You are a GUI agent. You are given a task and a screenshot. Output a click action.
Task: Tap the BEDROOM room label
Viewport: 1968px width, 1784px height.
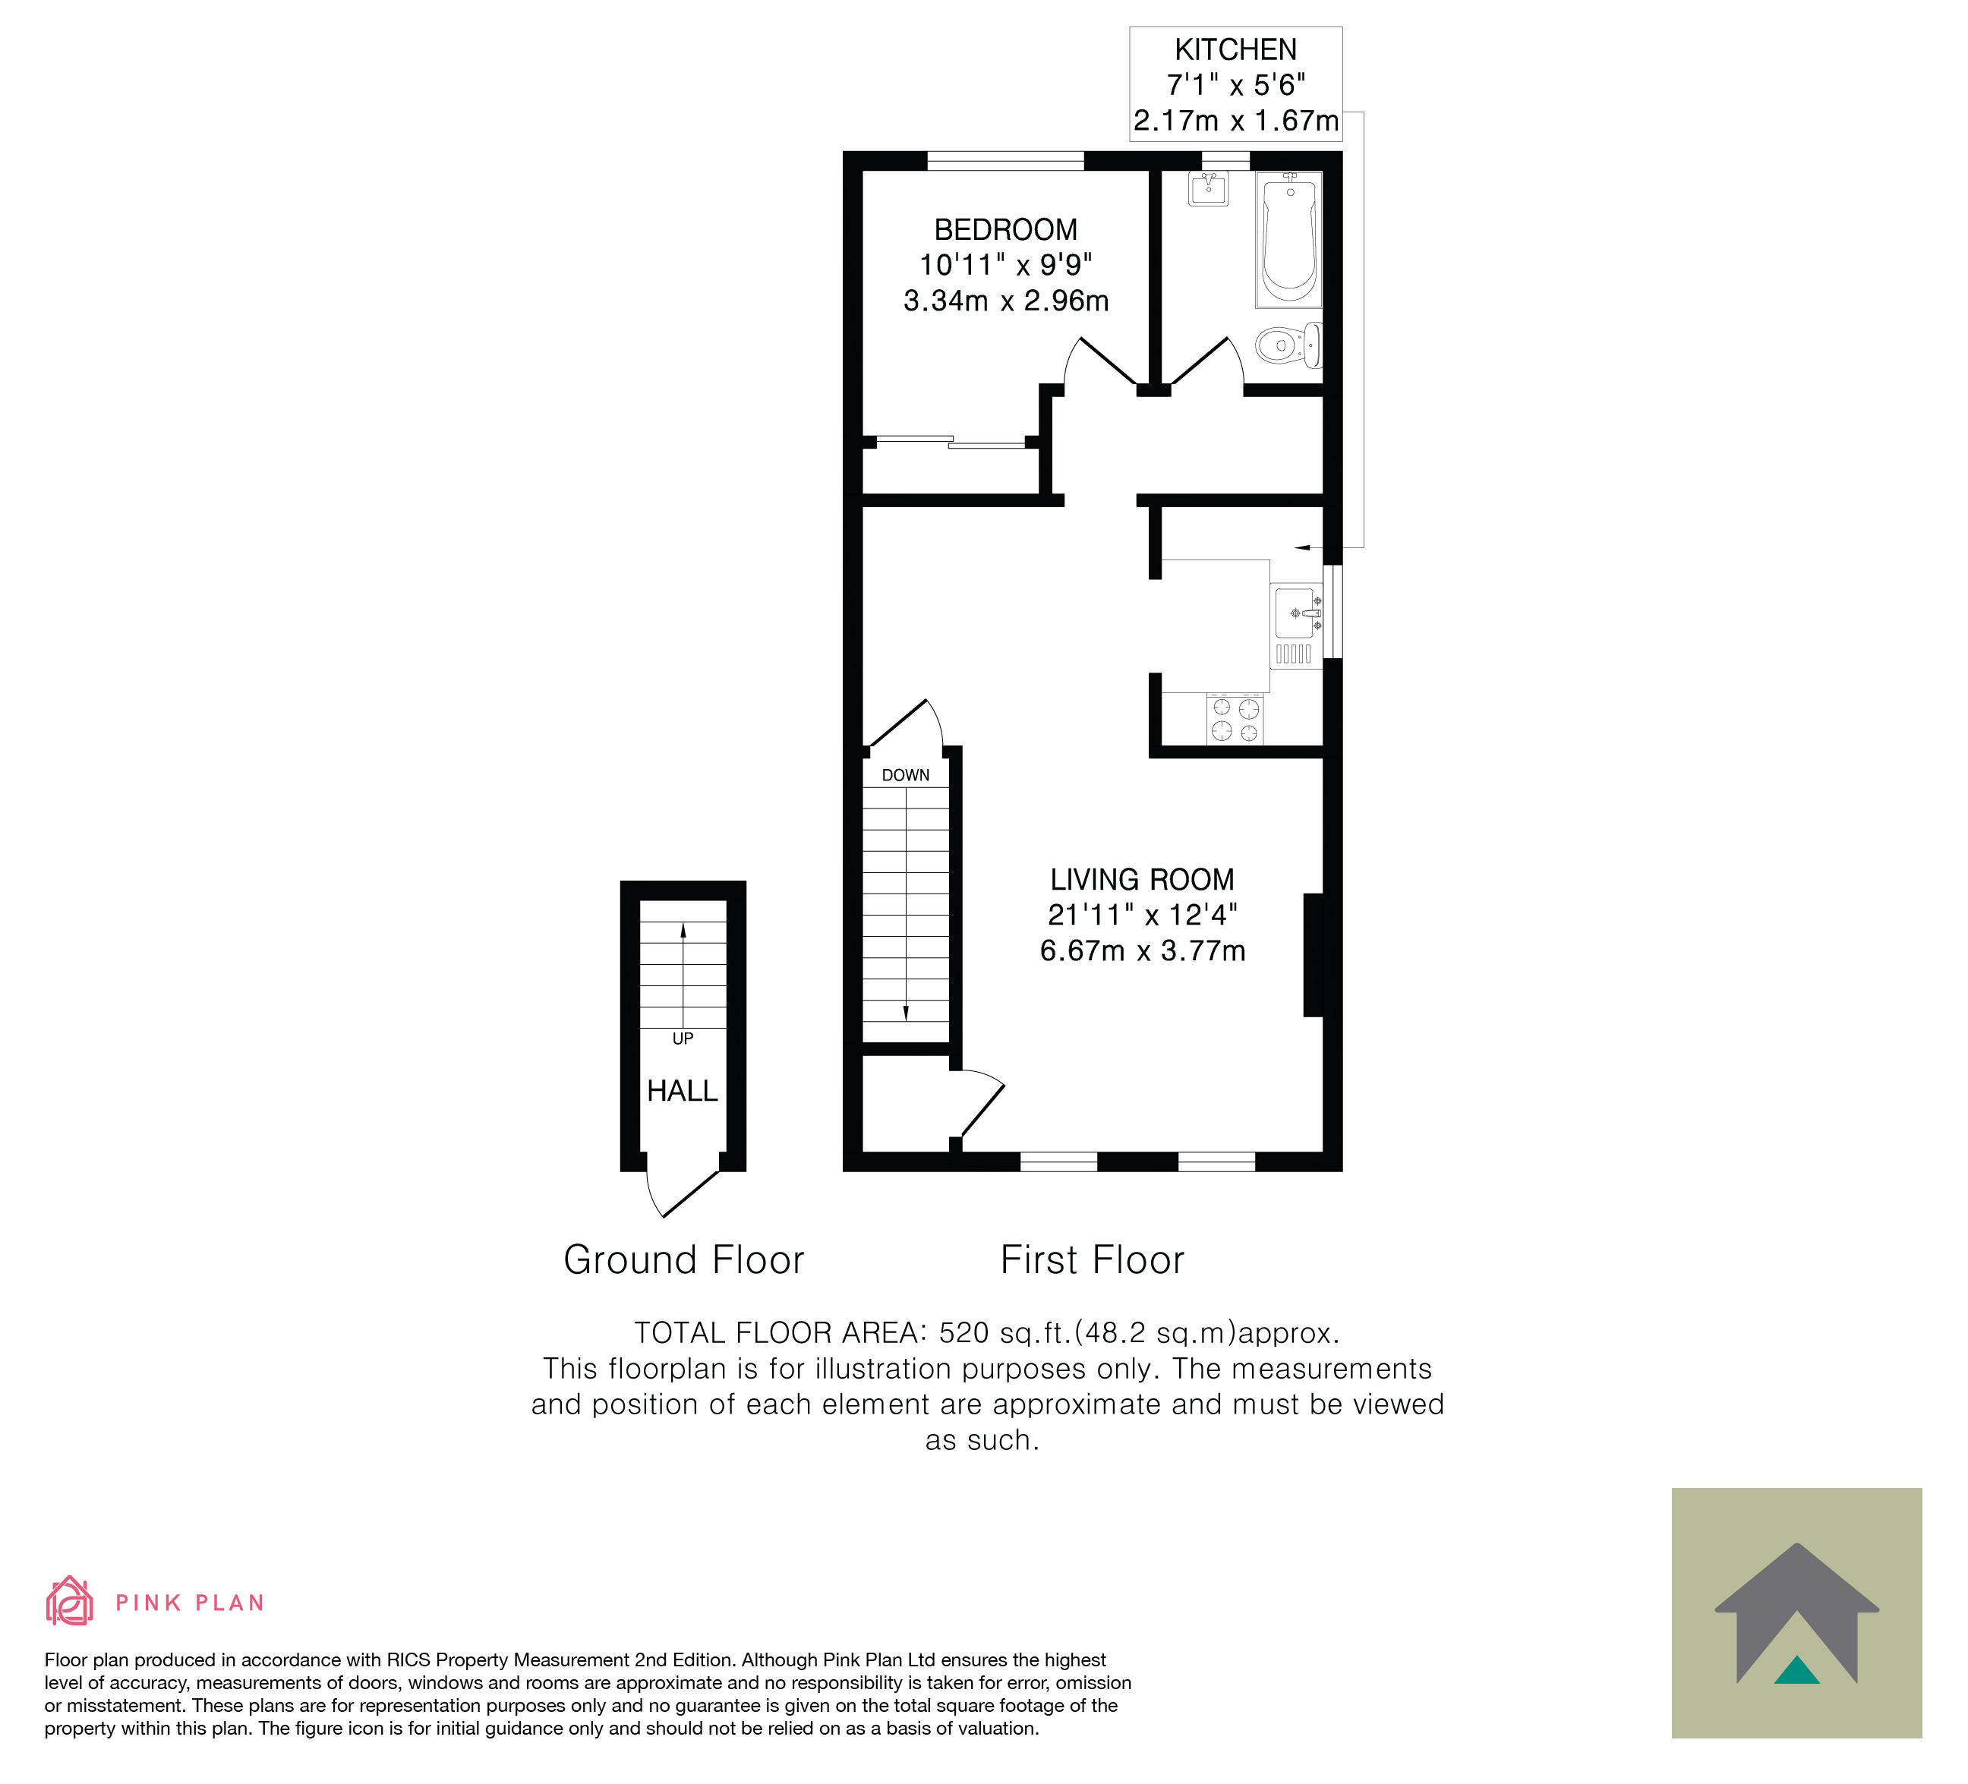coord(1005,229)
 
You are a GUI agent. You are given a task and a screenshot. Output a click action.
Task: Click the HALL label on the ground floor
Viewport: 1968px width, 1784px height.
coord(683,1091)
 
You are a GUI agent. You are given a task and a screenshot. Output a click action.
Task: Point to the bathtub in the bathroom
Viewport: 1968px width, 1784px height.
coord(1288,239)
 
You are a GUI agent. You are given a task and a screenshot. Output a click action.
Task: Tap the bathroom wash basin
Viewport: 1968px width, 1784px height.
coord(1209,187)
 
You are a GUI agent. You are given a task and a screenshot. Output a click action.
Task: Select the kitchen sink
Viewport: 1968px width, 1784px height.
coord(1295,613)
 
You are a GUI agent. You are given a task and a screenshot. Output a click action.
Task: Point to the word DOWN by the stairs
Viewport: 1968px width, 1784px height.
coord(906,775)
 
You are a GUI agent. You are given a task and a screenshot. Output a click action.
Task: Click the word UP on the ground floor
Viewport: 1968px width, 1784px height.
coord(683,1039)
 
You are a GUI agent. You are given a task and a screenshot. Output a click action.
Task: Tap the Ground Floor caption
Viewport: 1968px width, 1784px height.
coord(683,1260)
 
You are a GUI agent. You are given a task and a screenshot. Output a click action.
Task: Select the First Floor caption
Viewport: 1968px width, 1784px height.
coord(1093,1260)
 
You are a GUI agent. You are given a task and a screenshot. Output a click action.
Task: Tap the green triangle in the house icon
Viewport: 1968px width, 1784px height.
coord(1797,1670)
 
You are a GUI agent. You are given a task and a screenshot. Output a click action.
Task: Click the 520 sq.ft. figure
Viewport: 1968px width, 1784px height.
coord(1005,1333)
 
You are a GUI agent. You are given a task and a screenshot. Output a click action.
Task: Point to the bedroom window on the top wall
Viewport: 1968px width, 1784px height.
coord(1005,161)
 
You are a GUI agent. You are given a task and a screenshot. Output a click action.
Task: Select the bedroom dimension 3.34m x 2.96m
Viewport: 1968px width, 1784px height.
coord(1005,301)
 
